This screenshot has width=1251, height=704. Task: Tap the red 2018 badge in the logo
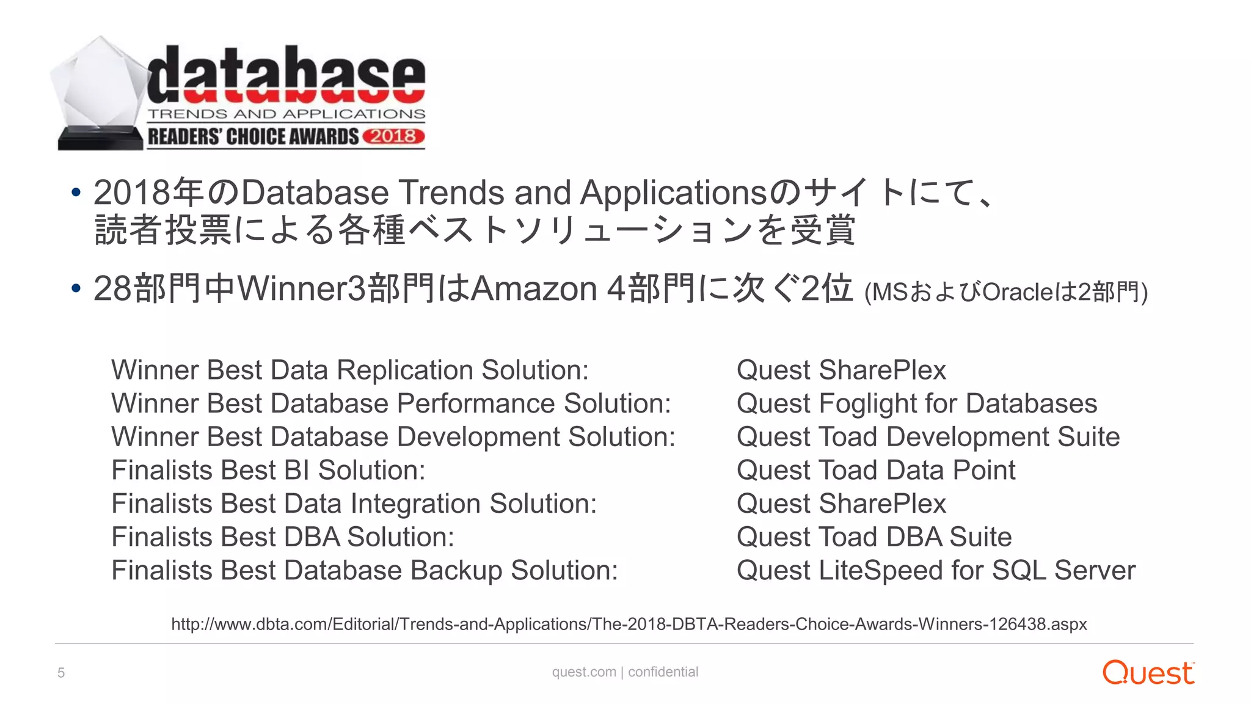[x=393, y=136]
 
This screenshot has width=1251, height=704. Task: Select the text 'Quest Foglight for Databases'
[x=916, y=403]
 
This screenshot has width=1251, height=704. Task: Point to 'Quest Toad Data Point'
[x=875, y=470]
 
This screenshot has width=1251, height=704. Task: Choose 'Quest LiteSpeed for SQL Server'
[x=935, y=570]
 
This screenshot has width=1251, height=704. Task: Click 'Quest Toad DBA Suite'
[x=874, y=537]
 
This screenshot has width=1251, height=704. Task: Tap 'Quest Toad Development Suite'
[x=928, y=437]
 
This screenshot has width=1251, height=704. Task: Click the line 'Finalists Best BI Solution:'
[x=268, y=470]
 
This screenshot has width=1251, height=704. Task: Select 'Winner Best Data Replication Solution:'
[x=350, y=370]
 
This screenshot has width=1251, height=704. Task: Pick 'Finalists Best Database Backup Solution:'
[x=364, y=570]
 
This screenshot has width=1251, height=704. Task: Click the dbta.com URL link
[x=629, y=624]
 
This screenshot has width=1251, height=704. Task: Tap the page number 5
[x=61, y=673]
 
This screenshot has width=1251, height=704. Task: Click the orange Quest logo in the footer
[x=1148, y=672]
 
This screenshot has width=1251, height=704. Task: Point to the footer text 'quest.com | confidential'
[x=625, y=672]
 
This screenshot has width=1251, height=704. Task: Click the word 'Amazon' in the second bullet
[x=534, y=288]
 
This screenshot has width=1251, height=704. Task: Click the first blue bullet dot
[x=76, y=193]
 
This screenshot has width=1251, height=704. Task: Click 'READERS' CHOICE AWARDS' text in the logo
[x=253, y=137]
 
